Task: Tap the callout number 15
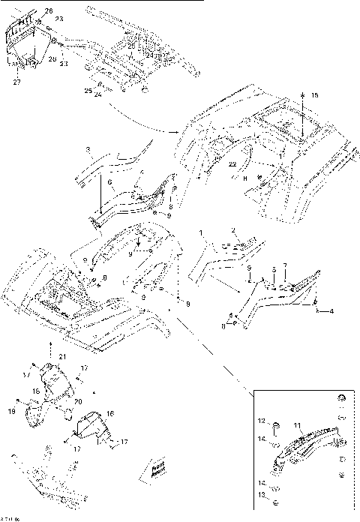click(x=314, y=95)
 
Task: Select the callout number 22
click(x=233, y=163)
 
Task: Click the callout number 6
click(x=109, y=182)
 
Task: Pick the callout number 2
click(x=233, y=229)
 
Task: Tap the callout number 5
click(x=274, y=267)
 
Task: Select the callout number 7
click(x=284, y=267)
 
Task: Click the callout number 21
click(x=63, y=355)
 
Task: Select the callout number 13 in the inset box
click(x=263, y=496)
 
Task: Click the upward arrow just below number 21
click(x=50, y=346)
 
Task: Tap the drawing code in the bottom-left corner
click(x=10, y=517)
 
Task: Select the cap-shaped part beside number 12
click(x=275, y=425)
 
